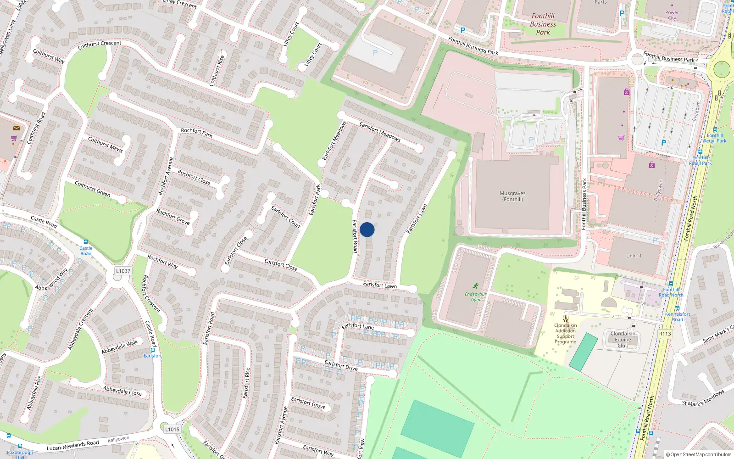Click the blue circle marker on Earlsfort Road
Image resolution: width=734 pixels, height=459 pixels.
click(367, 229)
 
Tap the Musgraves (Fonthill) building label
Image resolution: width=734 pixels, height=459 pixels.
click(512, 196)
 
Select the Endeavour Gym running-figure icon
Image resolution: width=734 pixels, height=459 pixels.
click(475, 286)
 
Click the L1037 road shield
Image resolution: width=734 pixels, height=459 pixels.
click(123, 271)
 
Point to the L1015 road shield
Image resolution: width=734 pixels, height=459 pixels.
click(172, 430)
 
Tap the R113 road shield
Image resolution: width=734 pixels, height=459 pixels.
click(665, 334)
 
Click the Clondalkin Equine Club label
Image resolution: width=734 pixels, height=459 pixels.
click(623, 340)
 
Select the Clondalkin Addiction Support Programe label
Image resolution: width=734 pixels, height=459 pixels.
click(565, 334)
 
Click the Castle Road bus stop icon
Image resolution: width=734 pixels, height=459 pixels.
click(85, 242)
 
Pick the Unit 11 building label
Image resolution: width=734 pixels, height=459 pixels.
click(634, 256)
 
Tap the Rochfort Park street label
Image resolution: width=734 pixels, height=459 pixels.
click(196, 133)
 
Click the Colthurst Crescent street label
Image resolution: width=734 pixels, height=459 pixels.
click(100, 45)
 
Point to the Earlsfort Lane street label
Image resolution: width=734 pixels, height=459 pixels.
click(358, 326)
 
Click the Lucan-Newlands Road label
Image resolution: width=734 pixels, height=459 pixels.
click(72, 445)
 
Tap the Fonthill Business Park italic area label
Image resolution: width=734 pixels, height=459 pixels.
click(543, 24)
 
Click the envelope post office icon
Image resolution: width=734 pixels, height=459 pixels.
click(17, 128)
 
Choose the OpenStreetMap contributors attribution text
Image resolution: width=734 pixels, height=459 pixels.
click(698, 455)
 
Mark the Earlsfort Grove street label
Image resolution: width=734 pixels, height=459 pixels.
click(308, 403)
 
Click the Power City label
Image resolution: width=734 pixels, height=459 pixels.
click(672, 16)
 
